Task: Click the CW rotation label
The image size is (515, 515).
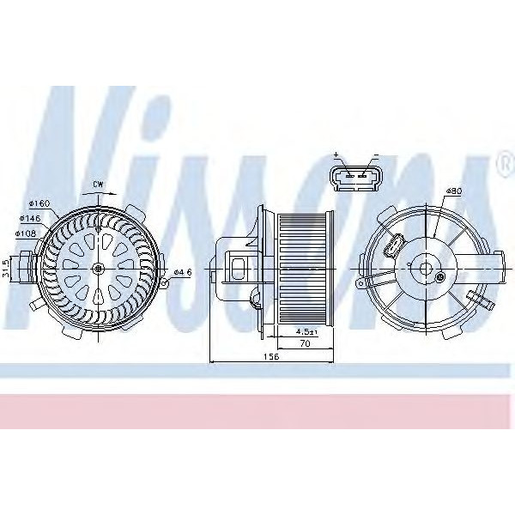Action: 100,185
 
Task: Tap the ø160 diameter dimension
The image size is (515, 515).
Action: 40,203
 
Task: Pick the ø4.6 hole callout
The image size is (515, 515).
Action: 182,272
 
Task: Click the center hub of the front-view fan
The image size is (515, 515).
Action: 100,270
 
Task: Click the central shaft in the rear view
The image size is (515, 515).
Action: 425,268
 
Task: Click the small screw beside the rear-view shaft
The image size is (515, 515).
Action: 441,276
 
